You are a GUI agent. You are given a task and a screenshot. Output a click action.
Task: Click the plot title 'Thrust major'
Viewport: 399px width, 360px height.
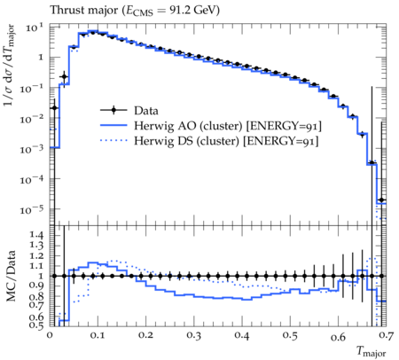pos(84,11)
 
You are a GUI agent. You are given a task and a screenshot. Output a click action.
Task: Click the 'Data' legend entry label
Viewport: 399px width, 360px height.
pos(146,111)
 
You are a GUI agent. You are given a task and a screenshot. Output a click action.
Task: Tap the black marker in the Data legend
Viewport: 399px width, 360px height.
pos(113,111)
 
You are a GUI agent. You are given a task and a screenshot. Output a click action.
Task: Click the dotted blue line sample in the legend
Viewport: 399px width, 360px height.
pos(113,141)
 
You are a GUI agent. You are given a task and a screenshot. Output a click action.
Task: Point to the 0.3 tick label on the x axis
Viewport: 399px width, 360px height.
pos(193,335)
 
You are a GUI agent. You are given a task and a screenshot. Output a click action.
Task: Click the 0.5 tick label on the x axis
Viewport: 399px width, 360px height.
pos(290,335)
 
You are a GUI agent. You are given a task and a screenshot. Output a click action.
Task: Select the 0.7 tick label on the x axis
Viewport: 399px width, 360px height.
pos(387,335)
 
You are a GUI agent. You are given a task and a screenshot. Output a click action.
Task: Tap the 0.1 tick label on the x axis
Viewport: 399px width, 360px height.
pos(98,335)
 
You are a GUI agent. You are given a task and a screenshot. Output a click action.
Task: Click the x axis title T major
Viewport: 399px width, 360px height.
pos(371,351)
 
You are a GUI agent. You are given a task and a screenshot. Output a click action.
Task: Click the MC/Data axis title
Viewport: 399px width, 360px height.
pos(11,276)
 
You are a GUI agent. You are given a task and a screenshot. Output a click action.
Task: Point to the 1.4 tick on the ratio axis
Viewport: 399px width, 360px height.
pos(37,235)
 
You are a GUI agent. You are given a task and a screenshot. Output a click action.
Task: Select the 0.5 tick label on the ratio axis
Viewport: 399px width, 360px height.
pos(37,325)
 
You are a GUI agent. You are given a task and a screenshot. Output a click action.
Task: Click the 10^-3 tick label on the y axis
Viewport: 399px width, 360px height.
pos(32,149)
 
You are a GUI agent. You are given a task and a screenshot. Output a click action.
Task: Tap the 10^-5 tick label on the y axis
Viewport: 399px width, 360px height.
pos(32,210)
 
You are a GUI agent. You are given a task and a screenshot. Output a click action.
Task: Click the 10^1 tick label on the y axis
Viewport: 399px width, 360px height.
pos(34,27)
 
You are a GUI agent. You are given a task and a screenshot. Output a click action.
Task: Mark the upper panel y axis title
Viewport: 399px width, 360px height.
pos(9,66)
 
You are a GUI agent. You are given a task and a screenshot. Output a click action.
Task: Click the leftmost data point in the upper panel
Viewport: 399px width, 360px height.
pos(54,108)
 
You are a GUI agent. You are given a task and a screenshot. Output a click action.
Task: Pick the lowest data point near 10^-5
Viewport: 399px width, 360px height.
pos(381,200)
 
